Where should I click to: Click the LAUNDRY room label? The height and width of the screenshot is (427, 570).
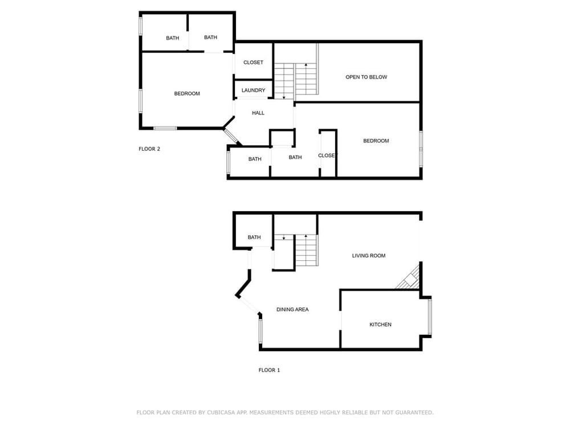point(254,90)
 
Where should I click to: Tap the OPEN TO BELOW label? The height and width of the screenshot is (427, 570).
point(366,77)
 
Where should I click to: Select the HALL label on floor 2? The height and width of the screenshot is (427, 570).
point(258,113)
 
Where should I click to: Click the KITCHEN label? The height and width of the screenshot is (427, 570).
point(380,325)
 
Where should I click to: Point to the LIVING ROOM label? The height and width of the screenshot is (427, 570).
point(369,256)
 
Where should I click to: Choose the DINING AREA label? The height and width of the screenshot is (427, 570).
point(292,309)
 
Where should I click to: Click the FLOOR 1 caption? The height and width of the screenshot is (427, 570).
point(270,370)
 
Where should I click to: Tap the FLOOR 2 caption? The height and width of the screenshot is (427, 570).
point(149,149)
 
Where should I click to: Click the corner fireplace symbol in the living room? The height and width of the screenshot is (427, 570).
point(409,278)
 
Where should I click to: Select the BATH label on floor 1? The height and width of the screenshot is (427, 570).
point(254,237)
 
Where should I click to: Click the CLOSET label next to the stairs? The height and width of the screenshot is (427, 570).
point(254,63)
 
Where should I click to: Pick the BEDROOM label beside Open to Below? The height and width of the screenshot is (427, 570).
point(376,141)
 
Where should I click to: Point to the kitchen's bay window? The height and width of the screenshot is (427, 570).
point(430,316)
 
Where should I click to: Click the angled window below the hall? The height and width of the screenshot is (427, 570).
point(231,136)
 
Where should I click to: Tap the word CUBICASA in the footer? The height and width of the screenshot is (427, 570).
point(222,412)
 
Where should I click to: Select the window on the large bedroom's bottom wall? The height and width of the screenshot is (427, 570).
point(165,128)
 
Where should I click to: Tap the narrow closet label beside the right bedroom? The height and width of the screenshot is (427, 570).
point(328,155)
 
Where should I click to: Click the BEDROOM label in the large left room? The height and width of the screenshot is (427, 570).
point(187,94)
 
